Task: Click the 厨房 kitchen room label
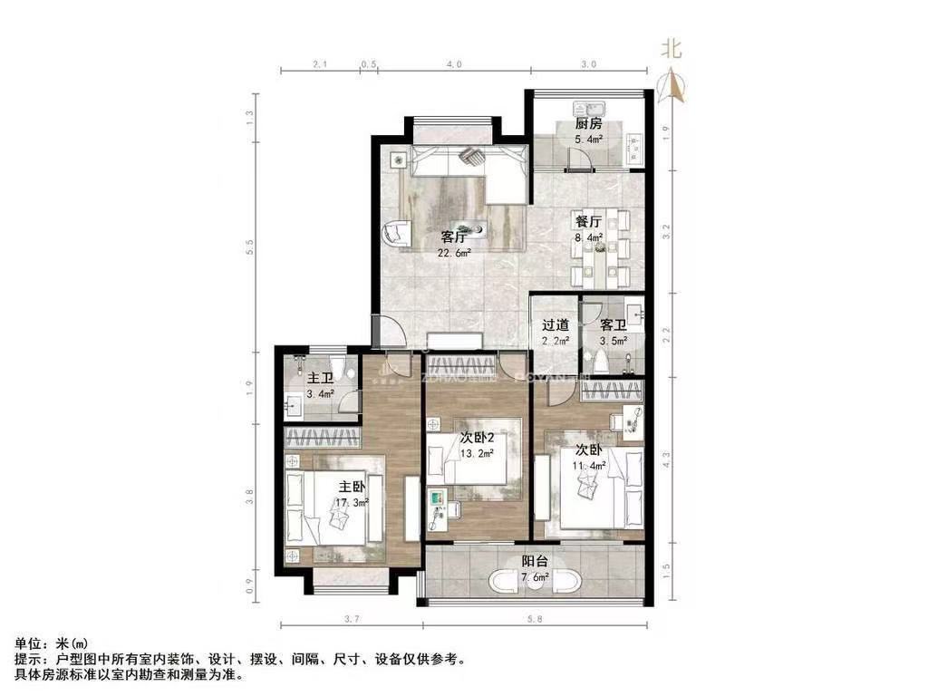click(589, 124)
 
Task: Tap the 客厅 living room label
click(454, 237)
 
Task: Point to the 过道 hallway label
click(556, 324)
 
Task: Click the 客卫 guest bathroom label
click(614, 324)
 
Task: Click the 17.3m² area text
click(353, 502)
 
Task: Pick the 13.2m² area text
click(476, 454)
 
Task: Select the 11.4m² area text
click(590, 466)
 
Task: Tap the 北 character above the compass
click(671, 49)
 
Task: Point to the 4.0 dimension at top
click(454, 64)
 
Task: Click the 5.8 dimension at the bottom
click(535, 619)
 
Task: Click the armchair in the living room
click(397, 234)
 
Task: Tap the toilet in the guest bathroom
click(602, 361)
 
